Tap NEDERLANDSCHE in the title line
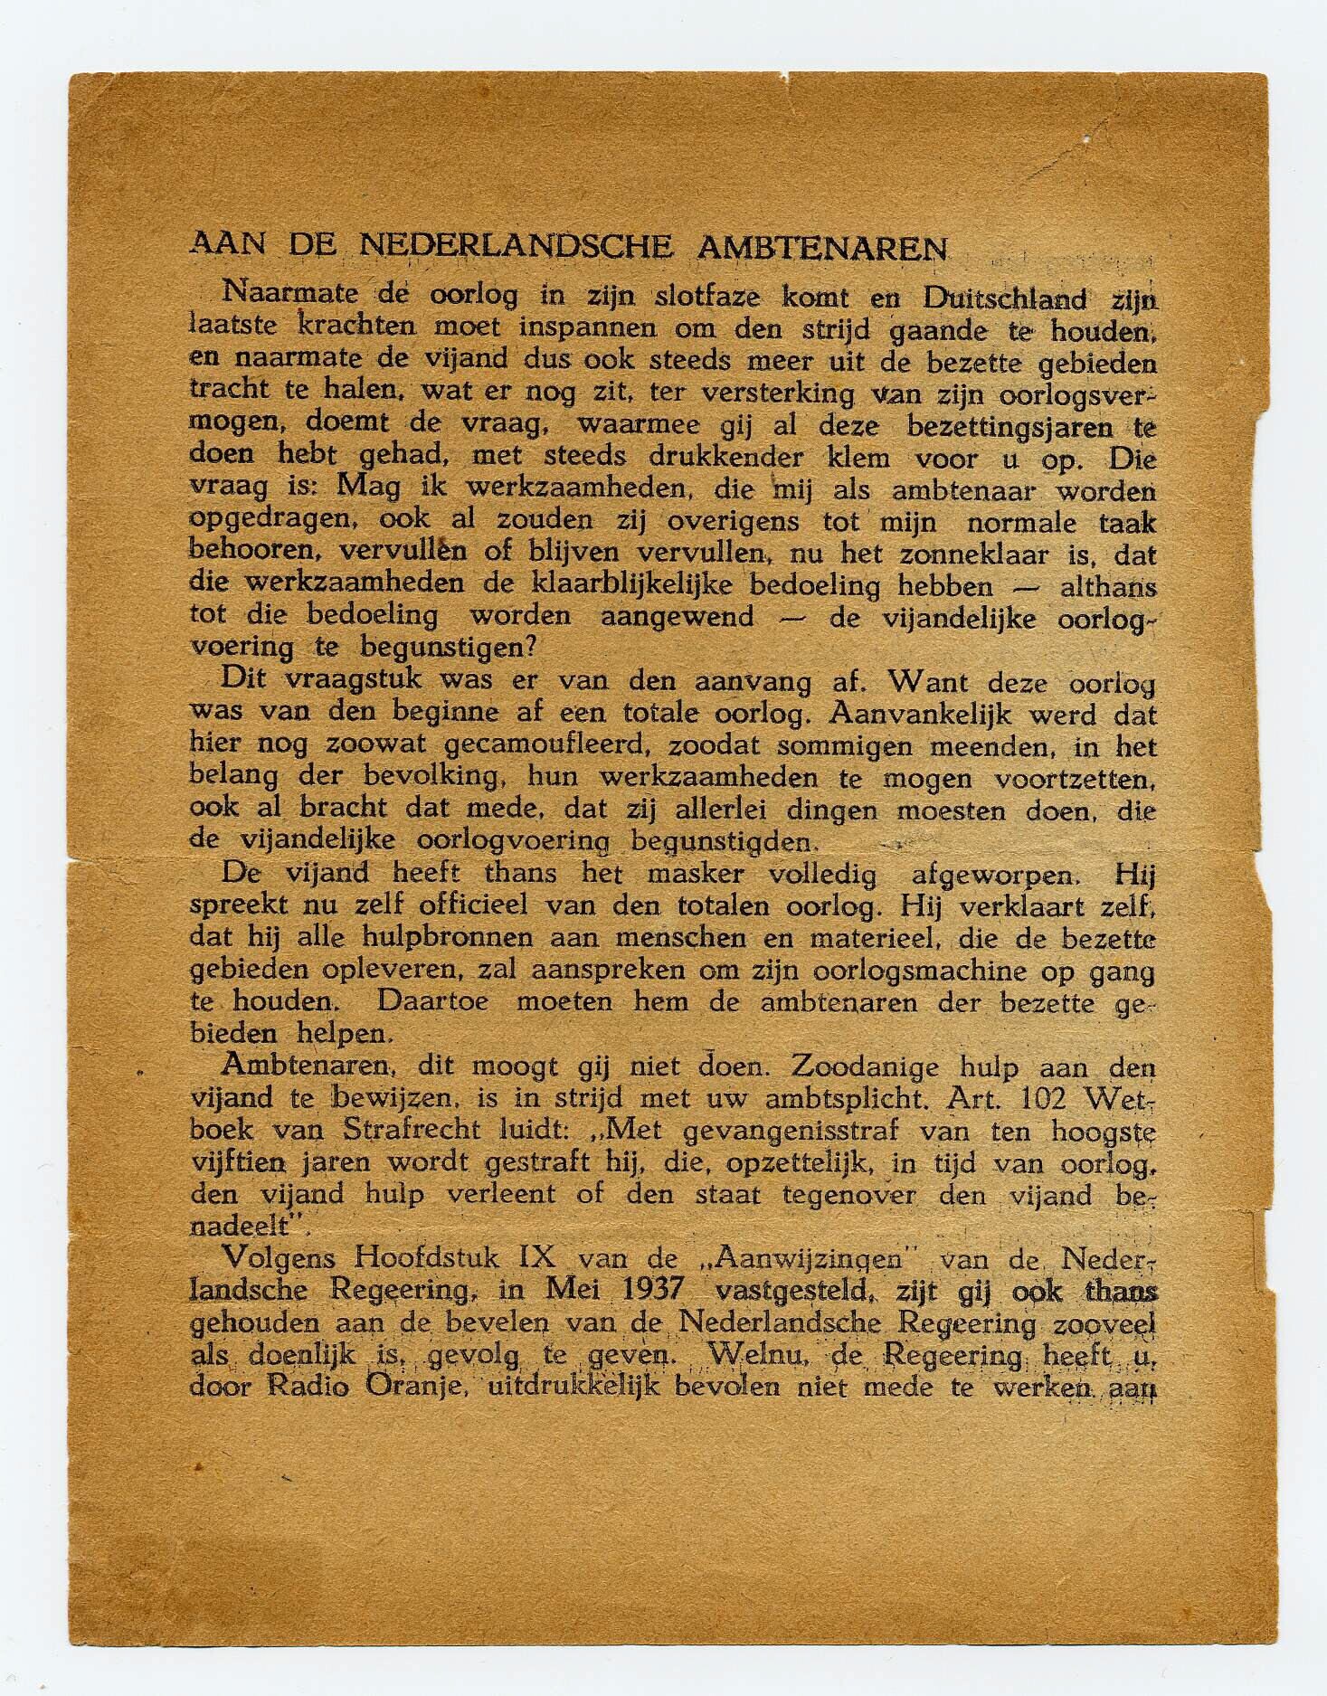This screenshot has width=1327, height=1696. [516, 246]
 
